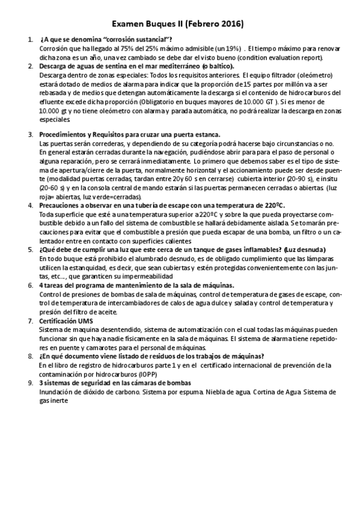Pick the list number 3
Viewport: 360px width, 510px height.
click(x=30, y=135)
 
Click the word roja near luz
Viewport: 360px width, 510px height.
click(x=47, y=197)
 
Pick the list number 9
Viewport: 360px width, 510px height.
click(x=30, y=382)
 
